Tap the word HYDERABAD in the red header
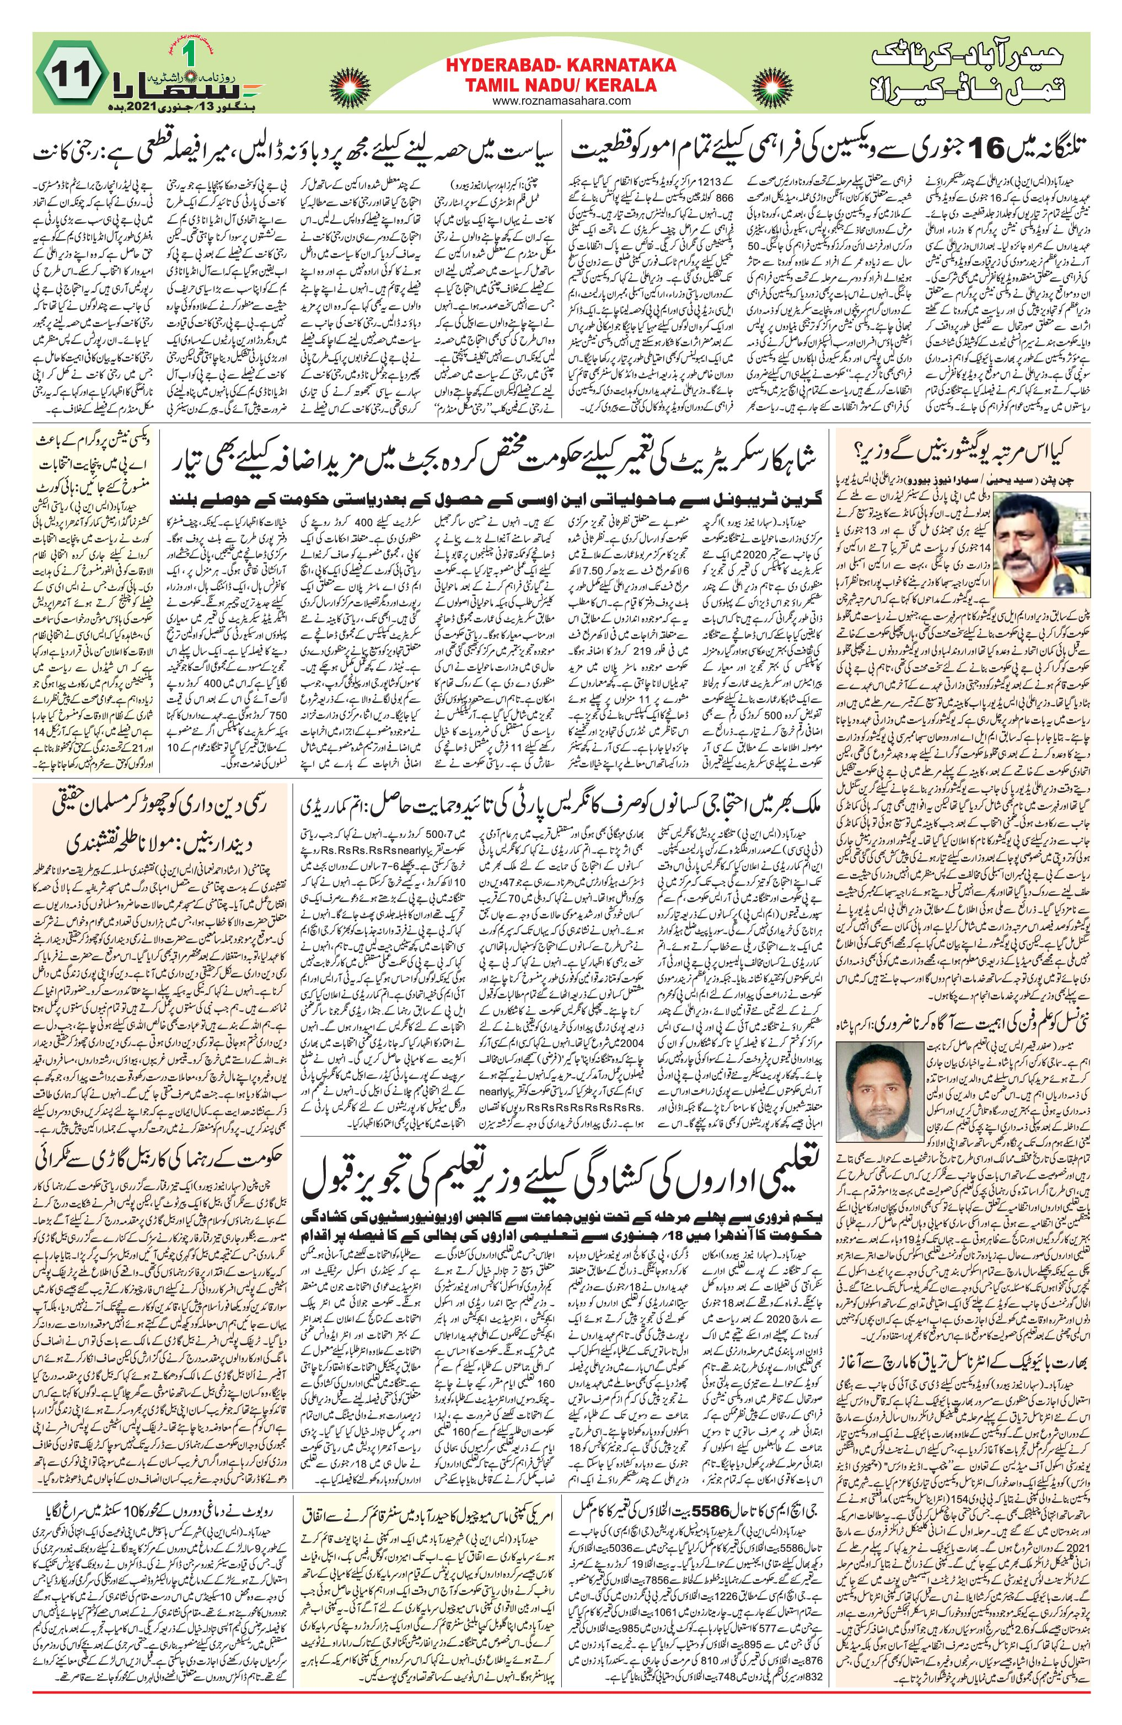[x=492, y=67]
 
